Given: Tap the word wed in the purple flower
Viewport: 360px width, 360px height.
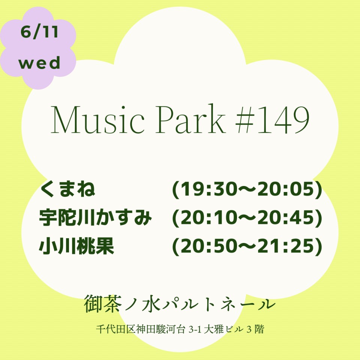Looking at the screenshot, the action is (39, 63).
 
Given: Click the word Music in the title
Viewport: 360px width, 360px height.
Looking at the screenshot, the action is (97, 119).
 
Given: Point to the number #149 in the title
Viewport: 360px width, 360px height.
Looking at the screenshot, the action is (273, 119).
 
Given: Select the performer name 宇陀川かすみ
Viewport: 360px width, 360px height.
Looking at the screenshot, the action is (95, 217).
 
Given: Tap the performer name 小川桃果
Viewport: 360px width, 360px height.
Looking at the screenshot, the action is (76, 246).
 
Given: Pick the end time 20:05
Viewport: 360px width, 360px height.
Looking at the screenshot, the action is (286, 189).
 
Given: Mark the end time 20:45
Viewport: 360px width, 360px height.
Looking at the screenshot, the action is (286, 217).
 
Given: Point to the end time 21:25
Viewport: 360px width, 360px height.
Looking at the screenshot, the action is (286, 246).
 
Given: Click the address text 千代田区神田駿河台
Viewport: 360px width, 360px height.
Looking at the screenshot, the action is (141, 329).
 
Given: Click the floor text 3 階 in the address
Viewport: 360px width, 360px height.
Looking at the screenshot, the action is (255, 329).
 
